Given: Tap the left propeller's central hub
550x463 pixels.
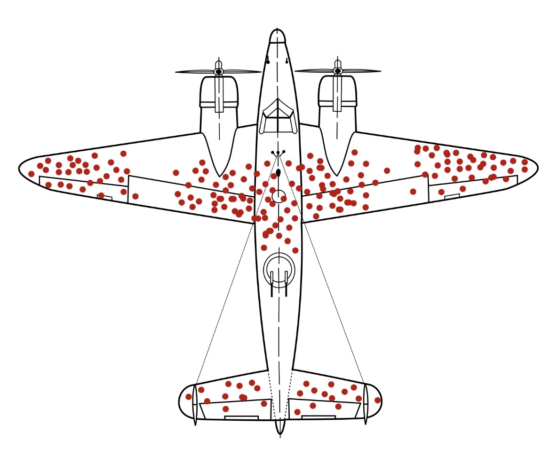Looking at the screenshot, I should click(219, 71).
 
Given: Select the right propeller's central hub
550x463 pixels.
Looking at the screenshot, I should click(337, 71).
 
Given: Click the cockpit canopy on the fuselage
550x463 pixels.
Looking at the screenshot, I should click(278, 116).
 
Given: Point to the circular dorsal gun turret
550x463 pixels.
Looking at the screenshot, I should click(279, 270).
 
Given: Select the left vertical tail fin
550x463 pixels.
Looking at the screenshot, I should click(195, 404).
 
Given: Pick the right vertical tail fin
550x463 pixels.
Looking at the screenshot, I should click(366, 403).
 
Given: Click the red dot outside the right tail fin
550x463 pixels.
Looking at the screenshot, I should click(377, 400).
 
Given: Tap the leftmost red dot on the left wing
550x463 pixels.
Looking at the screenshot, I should click(32, 174).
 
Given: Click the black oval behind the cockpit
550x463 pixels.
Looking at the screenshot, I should click(278, 173).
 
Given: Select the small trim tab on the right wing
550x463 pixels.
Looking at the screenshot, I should click(452, 196).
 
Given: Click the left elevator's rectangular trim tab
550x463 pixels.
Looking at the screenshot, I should click(241, 417).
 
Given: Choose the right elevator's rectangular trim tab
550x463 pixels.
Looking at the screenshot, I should click(319, 417).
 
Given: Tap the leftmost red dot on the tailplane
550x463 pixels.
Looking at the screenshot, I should click(189, 397).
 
